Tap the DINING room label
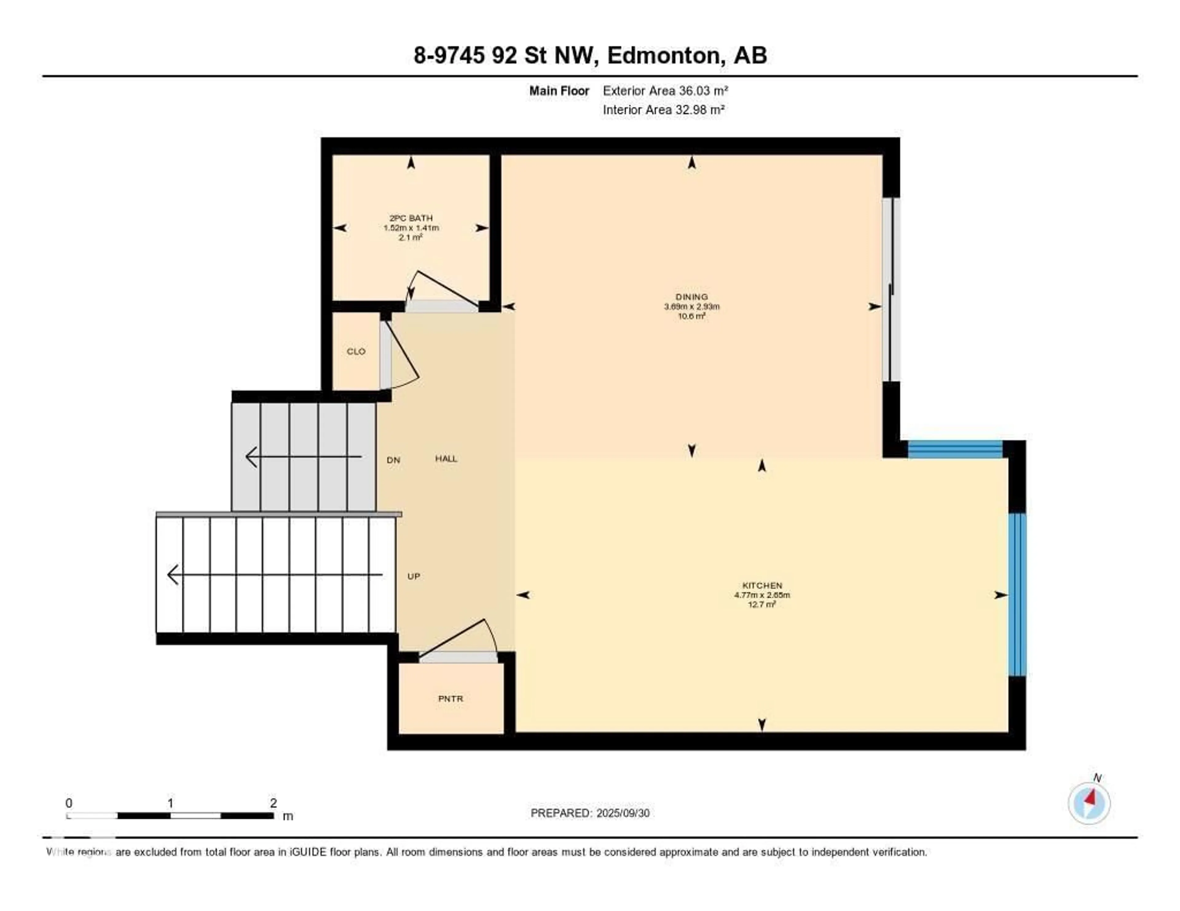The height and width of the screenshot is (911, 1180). click(692, 296)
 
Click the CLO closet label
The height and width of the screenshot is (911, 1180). click(356, 352)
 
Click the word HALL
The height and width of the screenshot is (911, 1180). click(446, 459)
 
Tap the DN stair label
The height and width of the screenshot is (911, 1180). click(393, 460)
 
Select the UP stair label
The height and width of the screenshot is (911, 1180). click(413, 576)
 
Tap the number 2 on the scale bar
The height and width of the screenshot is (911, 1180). click(273, 803)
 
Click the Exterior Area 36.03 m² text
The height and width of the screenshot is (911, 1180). click(665, 91)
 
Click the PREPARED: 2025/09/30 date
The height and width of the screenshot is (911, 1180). click(590, 813)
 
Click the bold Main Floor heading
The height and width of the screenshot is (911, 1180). click(559, 91)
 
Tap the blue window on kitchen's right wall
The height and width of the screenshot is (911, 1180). click(1017, 594)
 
